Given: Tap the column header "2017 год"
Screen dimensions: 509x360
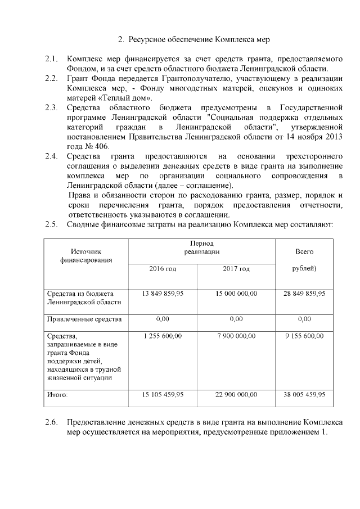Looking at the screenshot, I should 236,269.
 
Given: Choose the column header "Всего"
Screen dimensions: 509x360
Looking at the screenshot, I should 304,251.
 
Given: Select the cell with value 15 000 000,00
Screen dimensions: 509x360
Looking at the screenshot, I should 236,294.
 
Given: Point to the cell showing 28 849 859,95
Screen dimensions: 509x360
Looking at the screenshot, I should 304,294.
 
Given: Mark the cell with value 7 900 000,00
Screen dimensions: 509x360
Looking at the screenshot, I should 236,336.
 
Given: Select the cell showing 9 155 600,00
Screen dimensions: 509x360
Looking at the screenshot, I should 304,336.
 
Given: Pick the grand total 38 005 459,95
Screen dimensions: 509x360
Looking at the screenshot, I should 304,395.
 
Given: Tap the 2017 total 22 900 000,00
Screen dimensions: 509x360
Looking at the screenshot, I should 236,395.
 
